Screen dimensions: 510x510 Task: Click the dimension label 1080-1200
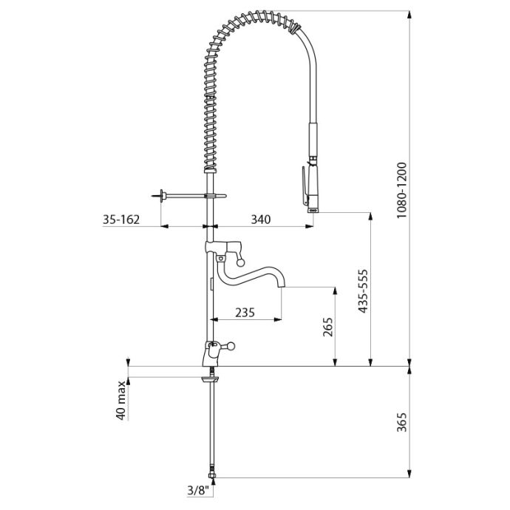[x=402, y=190]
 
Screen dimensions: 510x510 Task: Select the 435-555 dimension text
[x=363, y=291]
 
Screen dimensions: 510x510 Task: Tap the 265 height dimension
[x=328, y=327]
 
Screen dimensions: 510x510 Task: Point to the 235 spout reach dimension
[x=245, y=313]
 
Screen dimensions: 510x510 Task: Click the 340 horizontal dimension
[x=260, y=220]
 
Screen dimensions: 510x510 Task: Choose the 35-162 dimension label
[x=121, y=220]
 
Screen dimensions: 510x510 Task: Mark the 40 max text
[x=121, y=400]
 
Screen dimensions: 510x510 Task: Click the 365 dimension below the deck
[x=402, y=422]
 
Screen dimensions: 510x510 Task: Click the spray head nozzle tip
[x=313, y=211]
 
